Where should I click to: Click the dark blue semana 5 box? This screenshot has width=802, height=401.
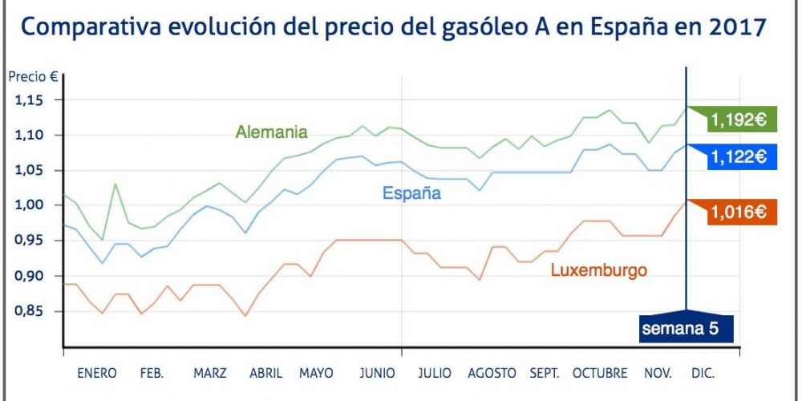pos(686,328)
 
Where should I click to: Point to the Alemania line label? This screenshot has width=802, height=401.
pos(272,132)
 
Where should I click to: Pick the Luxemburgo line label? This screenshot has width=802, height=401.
pos(598,270)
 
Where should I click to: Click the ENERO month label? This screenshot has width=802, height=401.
pos(97,374)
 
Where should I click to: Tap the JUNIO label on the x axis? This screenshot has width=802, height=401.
pos(377,374)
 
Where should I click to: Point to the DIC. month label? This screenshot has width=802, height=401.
pos(702,374)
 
